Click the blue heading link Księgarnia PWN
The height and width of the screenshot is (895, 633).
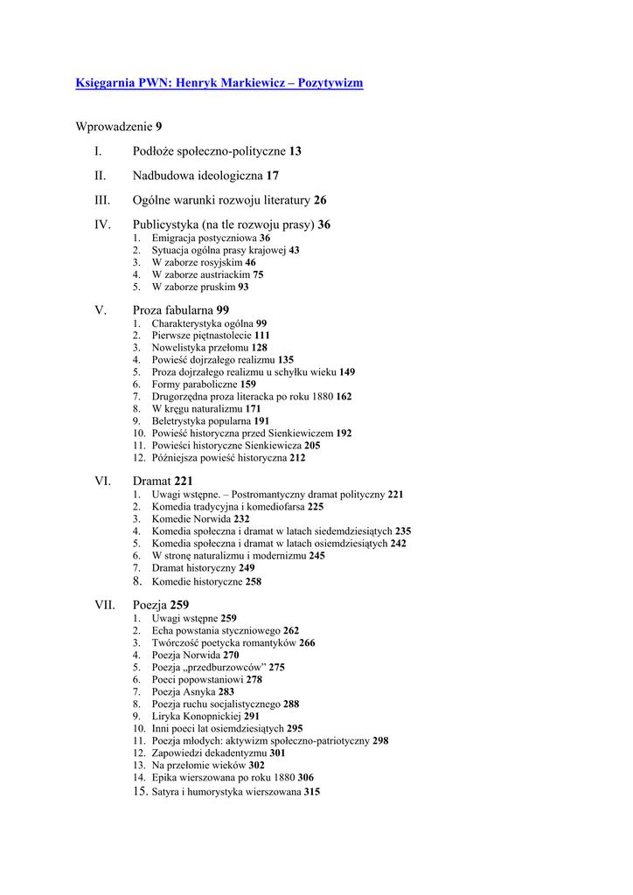[219, 83]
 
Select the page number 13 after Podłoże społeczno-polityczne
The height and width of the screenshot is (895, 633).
[296, 151]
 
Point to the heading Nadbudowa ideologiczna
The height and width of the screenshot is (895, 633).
[198, 176]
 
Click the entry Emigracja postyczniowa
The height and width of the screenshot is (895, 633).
[205, 238]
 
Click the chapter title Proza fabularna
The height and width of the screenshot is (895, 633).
[173, 310]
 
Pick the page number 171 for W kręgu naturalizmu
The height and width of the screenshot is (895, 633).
[253, 408]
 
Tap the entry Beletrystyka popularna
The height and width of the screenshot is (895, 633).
[201, 420]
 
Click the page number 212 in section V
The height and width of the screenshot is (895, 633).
[297, 457]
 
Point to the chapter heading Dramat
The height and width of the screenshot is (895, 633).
[152, 481]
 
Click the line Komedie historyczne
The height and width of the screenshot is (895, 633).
[198, 581]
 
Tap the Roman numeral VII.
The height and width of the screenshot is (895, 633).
[105, 605]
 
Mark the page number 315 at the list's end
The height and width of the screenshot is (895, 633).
[312, 792]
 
